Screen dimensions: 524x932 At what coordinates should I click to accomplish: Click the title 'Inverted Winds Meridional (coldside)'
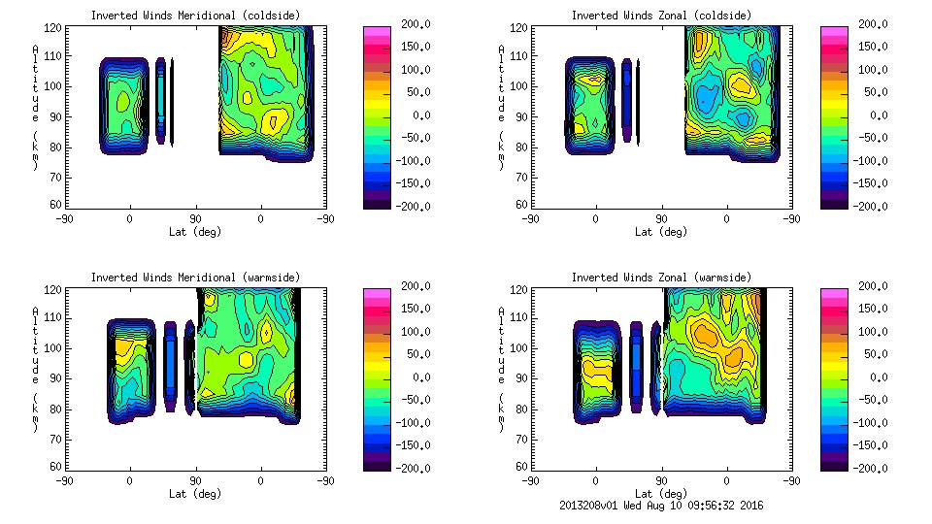[x=195, y=16]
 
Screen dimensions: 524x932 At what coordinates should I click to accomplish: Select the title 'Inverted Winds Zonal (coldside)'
[x=661, y=16]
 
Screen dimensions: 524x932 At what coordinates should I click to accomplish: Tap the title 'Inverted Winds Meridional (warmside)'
[x=195, y=278]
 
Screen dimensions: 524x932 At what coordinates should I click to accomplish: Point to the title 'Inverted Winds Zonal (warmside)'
[x=661, y=278]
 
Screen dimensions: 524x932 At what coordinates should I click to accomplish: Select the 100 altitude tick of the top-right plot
[x=521, y=86]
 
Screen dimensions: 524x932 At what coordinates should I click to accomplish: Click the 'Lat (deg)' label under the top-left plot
[x=195, y=232]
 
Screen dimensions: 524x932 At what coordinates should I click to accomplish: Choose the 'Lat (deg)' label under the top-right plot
[x=661, y=232]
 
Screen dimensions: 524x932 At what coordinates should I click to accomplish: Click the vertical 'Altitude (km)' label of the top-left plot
[x=35, y=107]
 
